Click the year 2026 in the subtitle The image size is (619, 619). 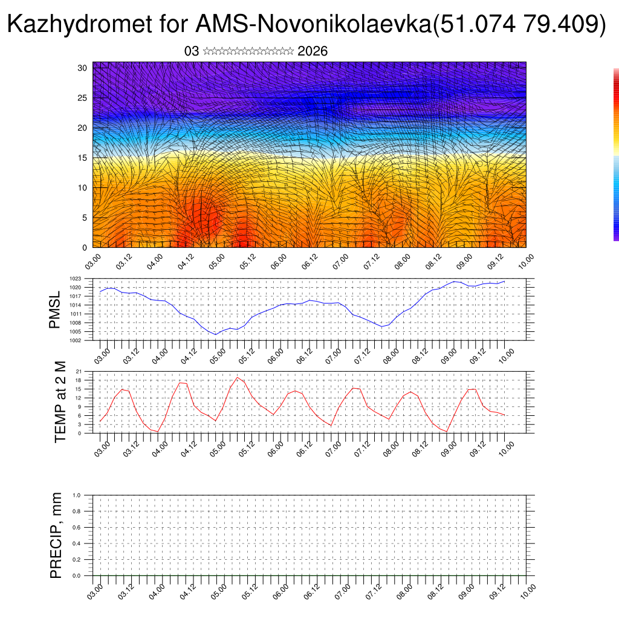313,51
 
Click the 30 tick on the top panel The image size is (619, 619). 83,68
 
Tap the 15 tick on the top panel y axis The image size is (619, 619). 83,158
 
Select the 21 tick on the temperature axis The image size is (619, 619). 87,371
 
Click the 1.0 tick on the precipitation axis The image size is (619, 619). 85,495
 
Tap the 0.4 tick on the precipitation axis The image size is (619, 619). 85,543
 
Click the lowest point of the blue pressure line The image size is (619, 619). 215,334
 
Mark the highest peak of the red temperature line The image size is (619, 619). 238,377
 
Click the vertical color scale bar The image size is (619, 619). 616,155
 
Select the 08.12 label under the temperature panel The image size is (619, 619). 420,447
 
